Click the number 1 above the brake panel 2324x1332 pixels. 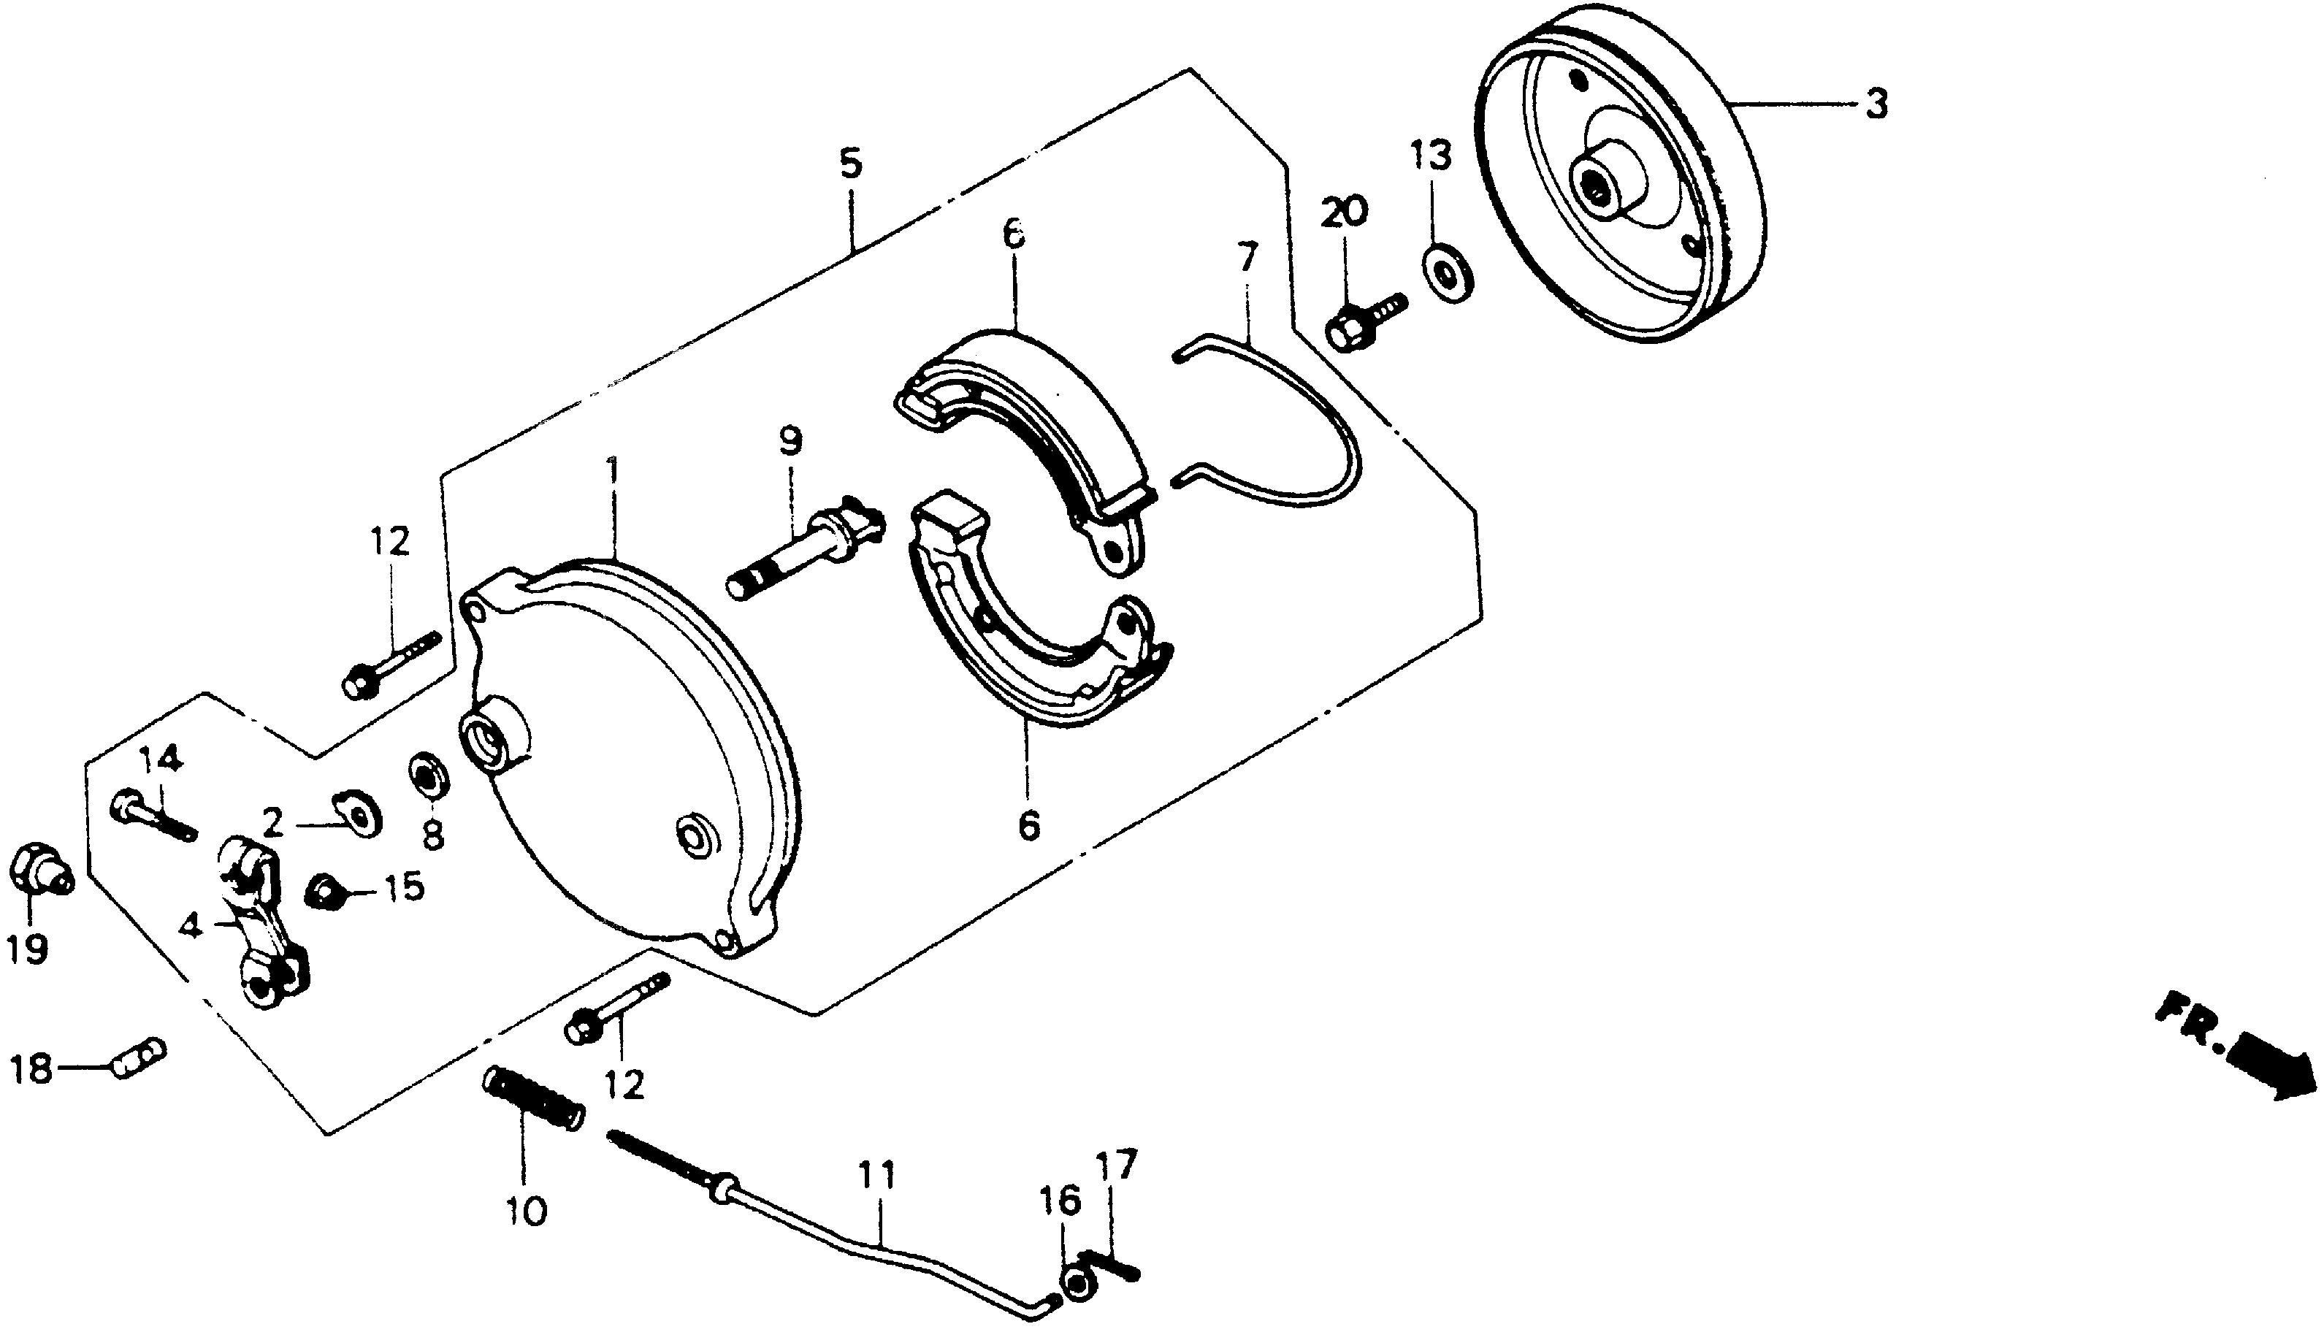tap(612, 473)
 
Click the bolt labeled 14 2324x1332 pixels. tap(151, 817)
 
